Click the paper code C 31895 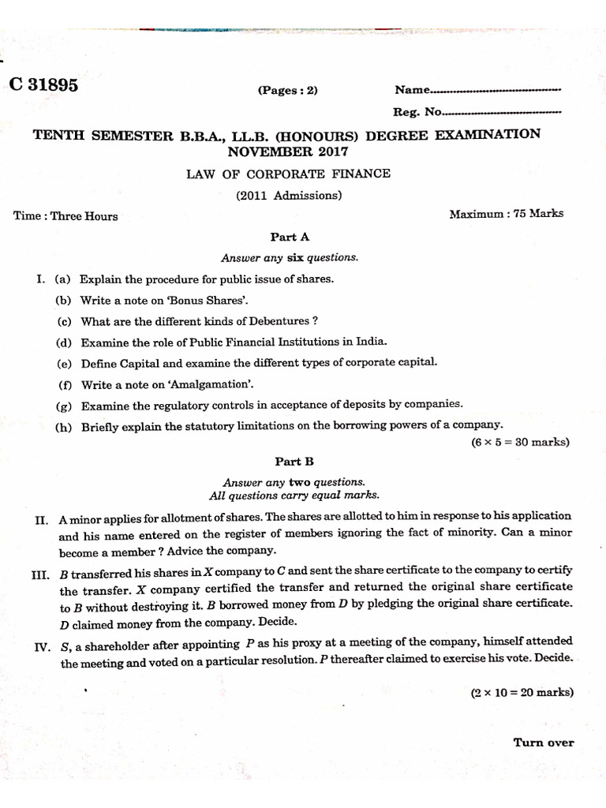coord(43,86)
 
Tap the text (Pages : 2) coord(287,90)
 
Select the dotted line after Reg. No coord(503,112)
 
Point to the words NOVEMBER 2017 coord(287,151)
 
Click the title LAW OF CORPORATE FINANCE coord(288,174)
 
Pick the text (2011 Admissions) coord(288,196)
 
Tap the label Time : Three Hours coord(65,216)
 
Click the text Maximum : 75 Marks coord(506,214)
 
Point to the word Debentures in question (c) coord(271,321)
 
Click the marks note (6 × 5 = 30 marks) coord(520,443)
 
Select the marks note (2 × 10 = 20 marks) coord(522,693)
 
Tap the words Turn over coord(544,743)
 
